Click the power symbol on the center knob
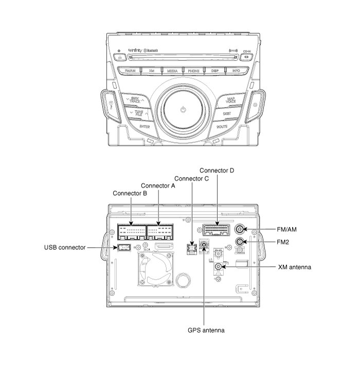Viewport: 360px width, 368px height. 184,110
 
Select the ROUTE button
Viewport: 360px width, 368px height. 222,126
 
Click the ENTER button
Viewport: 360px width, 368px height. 145,126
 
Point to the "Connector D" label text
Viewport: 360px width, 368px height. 217,170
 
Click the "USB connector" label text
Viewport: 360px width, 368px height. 65,248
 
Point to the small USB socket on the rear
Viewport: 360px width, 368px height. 123,248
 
